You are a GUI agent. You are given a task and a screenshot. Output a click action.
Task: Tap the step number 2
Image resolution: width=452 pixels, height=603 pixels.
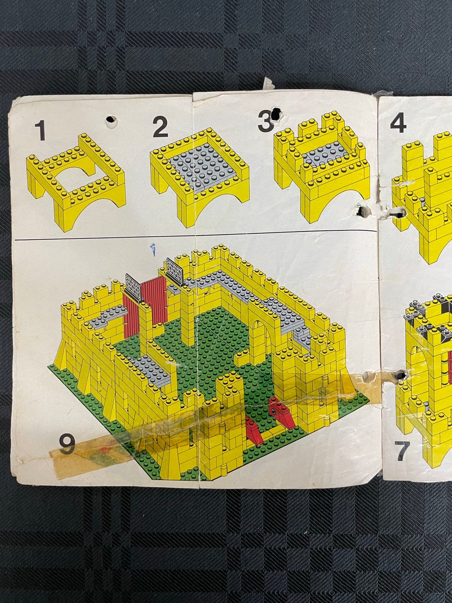point(160,127)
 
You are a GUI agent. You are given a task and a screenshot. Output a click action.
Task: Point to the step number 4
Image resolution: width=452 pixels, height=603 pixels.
point(398,123)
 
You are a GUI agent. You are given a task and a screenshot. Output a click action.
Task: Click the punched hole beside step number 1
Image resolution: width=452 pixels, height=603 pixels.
point(111,120)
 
